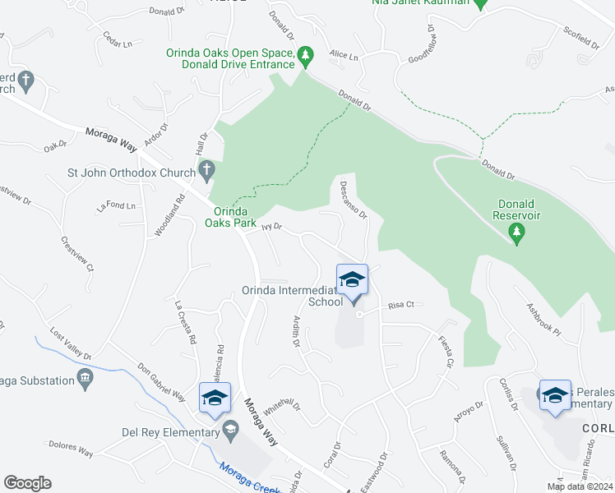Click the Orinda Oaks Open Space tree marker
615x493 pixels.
pos(306,55)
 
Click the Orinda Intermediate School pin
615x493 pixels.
pos(352,281)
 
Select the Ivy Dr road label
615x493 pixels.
pos(271,227)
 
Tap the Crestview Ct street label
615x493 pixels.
pos(78,255)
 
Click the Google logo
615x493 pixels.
pos(27,483)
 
